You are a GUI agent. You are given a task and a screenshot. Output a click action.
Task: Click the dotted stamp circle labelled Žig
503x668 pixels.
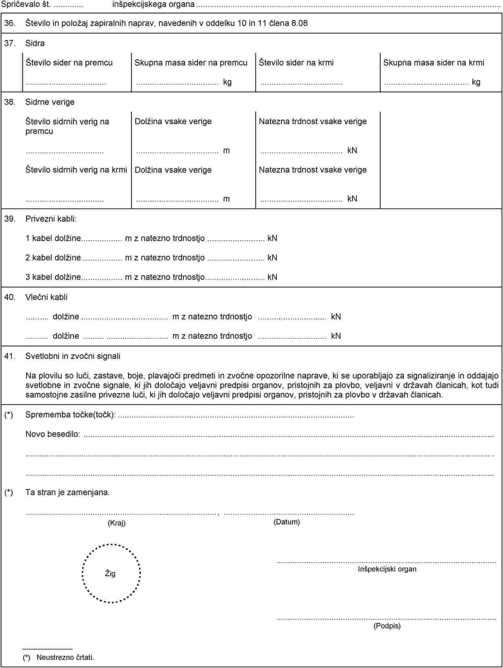tap(111, 573)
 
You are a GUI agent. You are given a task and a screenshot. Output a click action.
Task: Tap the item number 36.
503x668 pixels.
tap(10, 24)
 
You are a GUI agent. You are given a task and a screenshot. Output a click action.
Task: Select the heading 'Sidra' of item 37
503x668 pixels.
tap(35, 43)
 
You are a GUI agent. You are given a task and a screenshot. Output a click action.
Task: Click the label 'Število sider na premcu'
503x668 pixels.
tap(69, 63)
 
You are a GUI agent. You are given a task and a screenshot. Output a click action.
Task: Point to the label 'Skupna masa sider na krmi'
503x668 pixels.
tap(433, 63)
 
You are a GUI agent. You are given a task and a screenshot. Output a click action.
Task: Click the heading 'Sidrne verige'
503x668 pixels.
tap(50, 102)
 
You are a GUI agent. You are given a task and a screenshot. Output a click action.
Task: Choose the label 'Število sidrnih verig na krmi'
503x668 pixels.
tap(76, 170)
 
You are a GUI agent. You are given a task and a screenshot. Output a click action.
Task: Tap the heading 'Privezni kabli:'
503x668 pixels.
tap(51, 219)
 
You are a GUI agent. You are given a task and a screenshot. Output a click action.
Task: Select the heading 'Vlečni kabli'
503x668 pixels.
tap(46, 297)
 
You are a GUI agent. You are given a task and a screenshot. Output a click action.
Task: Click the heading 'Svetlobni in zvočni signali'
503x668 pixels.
tap(73, 356)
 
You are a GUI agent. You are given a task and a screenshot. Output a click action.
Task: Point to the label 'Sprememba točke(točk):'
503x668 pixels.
tap(71, 415)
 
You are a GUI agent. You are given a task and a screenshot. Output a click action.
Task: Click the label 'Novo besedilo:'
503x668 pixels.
tap(53, 434)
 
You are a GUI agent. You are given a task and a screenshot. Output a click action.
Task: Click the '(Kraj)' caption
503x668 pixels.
tap(117, 523)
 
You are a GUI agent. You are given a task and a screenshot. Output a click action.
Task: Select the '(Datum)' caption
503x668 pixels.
tap(286, 522)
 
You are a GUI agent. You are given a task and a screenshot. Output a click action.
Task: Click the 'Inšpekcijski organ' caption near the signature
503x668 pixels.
tap(387, 569)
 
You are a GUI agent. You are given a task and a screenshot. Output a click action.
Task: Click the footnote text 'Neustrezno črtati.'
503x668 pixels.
tap(65, 657)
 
